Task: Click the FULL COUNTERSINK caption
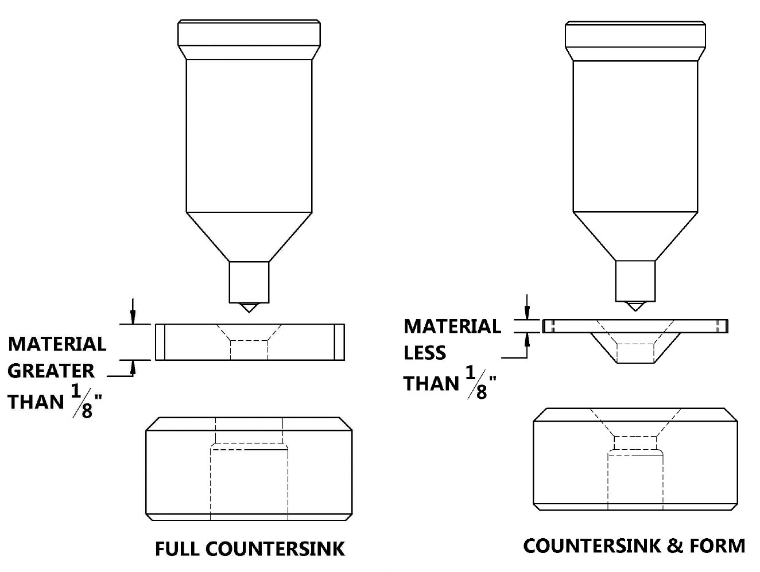(x=250, y=548)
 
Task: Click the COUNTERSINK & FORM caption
(x=634, y=545)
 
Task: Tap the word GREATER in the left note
(x=51, y=371)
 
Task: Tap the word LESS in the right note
(x=425, y=352)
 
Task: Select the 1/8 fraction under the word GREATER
(x=84, y=402)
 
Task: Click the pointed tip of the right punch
(x=635, y=306)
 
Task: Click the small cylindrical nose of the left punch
(x=249, y=282)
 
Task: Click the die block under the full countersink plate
(x=249, y=469)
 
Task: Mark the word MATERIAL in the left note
(x=57, y=344)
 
